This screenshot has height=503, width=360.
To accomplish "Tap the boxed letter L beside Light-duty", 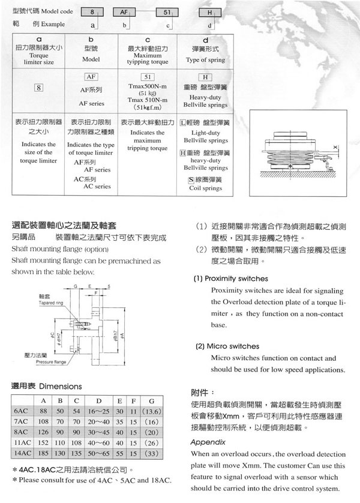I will pyautogui.click(x=184, y=122).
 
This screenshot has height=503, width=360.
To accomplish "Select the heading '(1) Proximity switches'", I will pyautogui.click(x=230, y=279).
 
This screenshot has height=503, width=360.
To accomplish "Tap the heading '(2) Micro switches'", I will pyautogui.click(x=226, y=346).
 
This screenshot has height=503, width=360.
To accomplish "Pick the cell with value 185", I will pyautogui.click(x=43, y=452).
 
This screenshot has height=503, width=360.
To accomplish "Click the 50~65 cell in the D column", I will pyautogui.click(x=98, y=452).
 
